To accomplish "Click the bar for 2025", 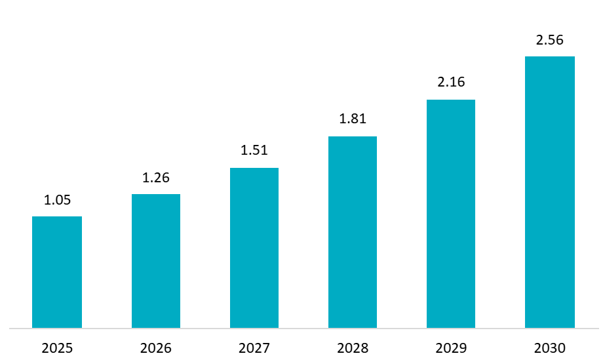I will click(57, 272).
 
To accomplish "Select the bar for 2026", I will click(156, 261).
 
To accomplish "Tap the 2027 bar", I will click(254, 248).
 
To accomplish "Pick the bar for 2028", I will click(353, 232).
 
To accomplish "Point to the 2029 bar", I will click(451, 214).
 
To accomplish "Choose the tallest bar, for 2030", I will click(550, 192).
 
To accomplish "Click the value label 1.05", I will click(57, 201).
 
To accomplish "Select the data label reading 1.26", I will click(156, 178).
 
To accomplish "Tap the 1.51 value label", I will click(254, 151).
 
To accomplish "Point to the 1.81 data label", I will click(353, 119).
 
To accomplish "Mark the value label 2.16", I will click(451, 83).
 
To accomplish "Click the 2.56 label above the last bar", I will click(550, 40).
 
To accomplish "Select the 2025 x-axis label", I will click(57, 348).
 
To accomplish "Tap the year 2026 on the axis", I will click(156, 348).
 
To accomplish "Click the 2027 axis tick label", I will click(254, 348).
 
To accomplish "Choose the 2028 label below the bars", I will click(353, 348).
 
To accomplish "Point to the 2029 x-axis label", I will click(451, 348).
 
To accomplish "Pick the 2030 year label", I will click(550, 348).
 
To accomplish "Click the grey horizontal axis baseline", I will click(301, 328).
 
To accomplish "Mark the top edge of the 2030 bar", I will click(550, 57).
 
